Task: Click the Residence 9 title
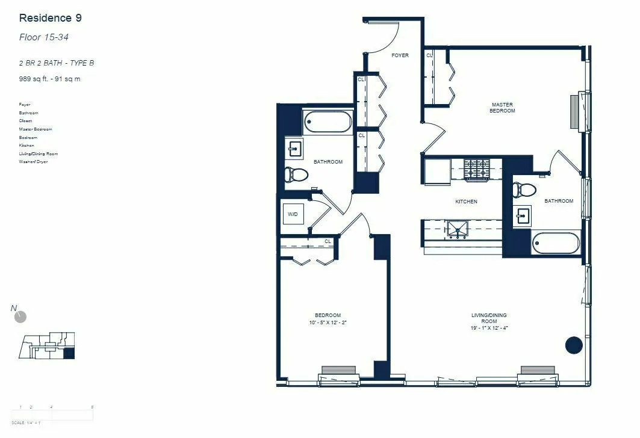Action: coord(50,18)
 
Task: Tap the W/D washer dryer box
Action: coord(293,214)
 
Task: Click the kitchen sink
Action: coord(457,229)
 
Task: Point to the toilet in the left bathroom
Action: coord(296,174)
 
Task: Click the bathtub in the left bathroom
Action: coord(328,122)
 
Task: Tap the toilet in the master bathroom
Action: coord(524,190)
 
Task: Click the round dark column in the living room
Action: coord(574,345)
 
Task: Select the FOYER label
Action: coord(400,55)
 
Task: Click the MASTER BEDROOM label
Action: coord(502,108)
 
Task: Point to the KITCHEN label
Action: coord(466,202)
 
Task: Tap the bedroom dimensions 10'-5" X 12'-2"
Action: coord(328,323)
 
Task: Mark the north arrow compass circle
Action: coord(21,316)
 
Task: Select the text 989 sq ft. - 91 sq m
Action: coord(49,78)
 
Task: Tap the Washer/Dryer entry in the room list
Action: coord(33,162)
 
